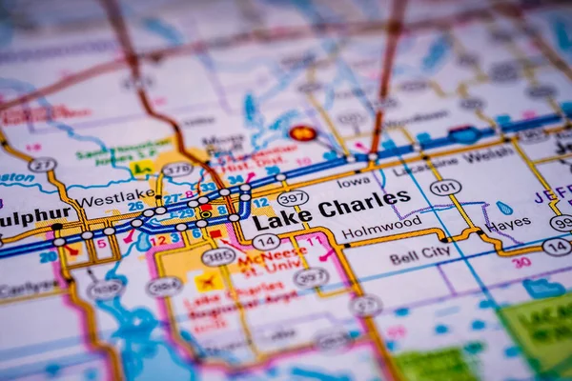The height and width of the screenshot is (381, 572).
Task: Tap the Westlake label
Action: [116, 199]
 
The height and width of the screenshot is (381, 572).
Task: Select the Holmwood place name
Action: [381, 229]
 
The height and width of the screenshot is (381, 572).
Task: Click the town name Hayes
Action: [507, 225]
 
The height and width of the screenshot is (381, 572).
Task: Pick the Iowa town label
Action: [353, 181]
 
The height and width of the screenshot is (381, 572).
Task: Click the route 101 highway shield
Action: [444, 188]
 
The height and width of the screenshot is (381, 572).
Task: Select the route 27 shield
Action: [42, 165]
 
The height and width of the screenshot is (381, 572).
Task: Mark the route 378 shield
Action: [177, 169]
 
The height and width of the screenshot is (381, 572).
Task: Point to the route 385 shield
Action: [218, 255]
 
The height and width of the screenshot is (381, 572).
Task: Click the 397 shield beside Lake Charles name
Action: [293, 198]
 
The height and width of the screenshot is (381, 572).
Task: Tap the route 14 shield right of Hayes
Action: [556, 246]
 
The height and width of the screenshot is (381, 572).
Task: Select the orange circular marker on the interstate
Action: [303, 133]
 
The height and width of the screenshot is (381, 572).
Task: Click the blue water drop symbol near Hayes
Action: [503, 208]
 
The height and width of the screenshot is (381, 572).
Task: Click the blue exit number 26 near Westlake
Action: [136, 205]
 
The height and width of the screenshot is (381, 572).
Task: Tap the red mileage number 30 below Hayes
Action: [521, 263]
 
